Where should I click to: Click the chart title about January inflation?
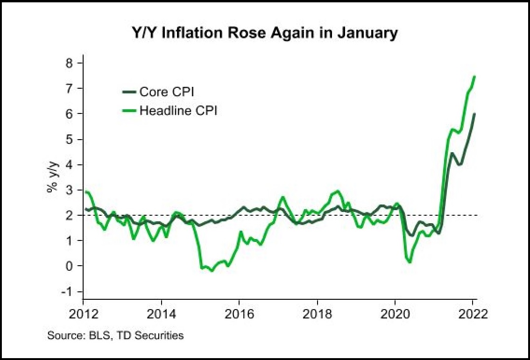click(x=264, y=33)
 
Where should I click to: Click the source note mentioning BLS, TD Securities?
click(x=115, y=335)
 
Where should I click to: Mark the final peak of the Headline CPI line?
click(x=474, y=77)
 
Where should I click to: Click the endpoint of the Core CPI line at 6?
click(x=474, y=114)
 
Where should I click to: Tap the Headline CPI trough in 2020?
click(x=410, y=262)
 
